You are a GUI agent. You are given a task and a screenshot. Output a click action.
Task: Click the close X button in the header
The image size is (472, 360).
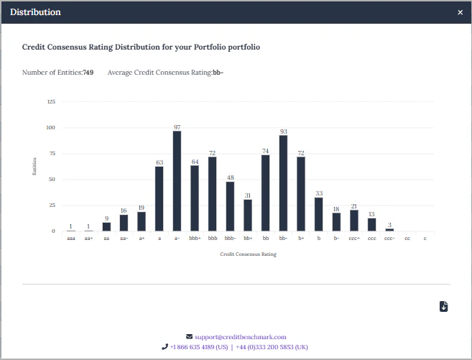click(461, 12)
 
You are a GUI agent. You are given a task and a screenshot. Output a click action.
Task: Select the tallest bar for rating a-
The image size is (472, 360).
click(177, 181)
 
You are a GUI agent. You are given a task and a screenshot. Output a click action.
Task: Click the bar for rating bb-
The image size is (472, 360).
click(283, 183)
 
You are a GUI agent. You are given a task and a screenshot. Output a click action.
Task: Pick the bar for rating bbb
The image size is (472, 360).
click(212, 194)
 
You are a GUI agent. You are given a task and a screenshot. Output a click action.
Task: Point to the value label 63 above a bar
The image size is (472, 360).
click(159, 162)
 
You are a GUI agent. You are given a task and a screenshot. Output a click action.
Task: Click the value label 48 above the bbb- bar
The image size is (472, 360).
click(230, 177)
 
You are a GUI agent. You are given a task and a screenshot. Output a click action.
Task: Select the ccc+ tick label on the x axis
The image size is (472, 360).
click(354, 238)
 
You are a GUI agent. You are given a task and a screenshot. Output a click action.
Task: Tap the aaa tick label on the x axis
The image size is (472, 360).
click(70, 238)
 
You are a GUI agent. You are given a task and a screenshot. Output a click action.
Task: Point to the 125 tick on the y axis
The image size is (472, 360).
click(51, 102)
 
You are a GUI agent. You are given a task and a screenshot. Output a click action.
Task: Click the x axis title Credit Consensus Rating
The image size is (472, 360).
click(248, 254)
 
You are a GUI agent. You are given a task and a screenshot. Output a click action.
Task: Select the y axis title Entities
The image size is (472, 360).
click(34, 167)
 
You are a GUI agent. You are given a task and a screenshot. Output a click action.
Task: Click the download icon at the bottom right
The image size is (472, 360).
click(443, 307)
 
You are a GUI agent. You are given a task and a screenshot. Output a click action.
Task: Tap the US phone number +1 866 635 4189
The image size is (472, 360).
click(198, 346)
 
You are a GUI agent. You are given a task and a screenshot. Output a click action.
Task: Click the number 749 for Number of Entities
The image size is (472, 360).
click(88, 73)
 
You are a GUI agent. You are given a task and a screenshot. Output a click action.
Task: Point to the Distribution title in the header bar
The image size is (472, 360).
click(35, 12)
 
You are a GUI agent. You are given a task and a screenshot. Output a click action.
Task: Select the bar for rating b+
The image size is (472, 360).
click(301, 194)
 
